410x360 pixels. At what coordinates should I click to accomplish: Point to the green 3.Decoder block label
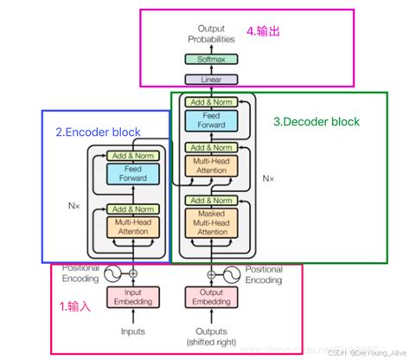316,122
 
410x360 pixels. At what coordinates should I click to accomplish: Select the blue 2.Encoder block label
98,132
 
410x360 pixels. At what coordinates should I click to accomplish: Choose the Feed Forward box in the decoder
211,119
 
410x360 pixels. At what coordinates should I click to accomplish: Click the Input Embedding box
132,298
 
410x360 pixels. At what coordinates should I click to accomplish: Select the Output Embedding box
211,298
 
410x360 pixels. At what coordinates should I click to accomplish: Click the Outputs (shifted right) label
211,337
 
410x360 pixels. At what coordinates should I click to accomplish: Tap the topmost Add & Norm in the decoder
211,100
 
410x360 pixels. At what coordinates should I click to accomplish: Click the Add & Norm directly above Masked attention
211,201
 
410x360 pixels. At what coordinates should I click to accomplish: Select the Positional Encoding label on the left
80,274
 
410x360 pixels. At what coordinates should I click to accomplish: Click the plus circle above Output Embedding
211,273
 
